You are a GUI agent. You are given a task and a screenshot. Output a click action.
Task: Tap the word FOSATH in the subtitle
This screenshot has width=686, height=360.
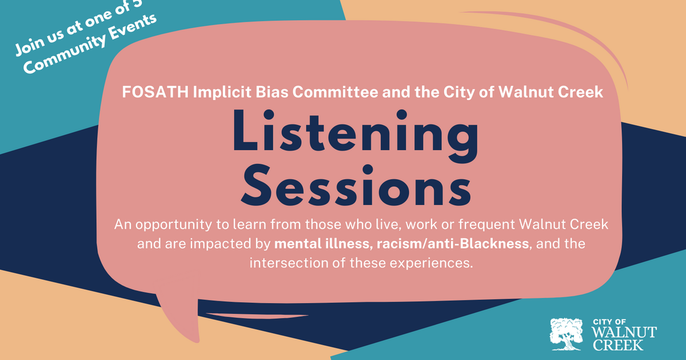click(148, 92)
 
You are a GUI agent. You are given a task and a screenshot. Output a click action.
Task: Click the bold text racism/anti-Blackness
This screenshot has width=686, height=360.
click(452, 244)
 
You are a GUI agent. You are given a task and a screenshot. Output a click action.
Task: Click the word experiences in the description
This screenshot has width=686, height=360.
click(437, 263)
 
